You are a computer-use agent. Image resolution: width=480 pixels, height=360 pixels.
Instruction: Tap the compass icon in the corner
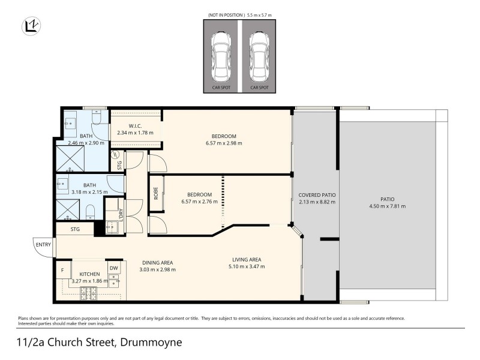31,26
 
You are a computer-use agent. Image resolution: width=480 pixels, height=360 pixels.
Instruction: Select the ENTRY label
43,244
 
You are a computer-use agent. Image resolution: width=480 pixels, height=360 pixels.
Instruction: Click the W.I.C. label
134,125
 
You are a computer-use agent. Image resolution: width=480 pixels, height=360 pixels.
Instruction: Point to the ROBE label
156,194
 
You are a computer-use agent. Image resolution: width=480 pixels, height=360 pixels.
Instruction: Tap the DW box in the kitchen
113,268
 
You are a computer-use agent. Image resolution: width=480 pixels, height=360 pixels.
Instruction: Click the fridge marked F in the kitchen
62,271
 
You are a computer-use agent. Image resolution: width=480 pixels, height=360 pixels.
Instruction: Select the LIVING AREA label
248,260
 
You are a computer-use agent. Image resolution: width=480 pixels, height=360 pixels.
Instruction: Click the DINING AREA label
157,262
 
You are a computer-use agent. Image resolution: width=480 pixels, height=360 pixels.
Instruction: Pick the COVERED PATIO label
317,195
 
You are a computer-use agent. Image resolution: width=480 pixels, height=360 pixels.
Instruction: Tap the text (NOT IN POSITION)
226,14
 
